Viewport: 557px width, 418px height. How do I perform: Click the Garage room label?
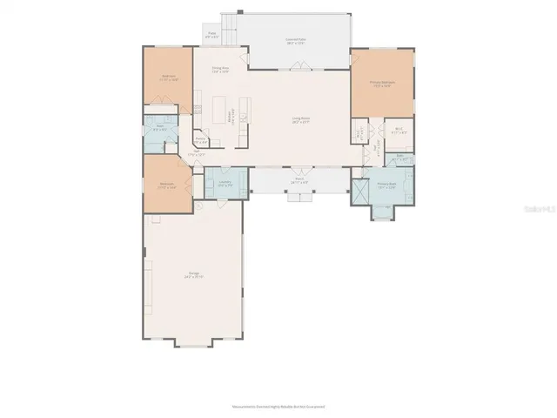click(194, 275)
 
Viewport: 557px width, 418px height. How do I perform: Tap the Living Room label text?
click(302, 121)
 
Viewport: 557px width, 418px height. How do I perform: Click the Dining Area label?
click(219, 69)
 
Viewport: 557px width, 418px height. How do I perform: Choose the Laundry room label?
click(225, 181)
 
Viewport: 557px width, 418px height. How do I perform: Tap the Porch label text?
click(299, 179)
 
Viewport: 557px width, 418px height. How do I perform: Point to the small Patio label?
click(211, 36)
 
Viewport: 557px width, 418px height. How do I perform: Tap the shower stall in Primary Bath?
click(360, 192)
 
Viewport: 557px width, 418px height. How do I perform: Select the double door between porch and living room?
click(299, 169)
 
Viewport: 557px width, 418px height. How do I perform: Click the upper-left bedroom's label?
click(168, 77)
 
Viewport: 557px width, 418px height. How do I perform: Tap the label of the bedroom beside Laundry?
click(167, 185)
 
